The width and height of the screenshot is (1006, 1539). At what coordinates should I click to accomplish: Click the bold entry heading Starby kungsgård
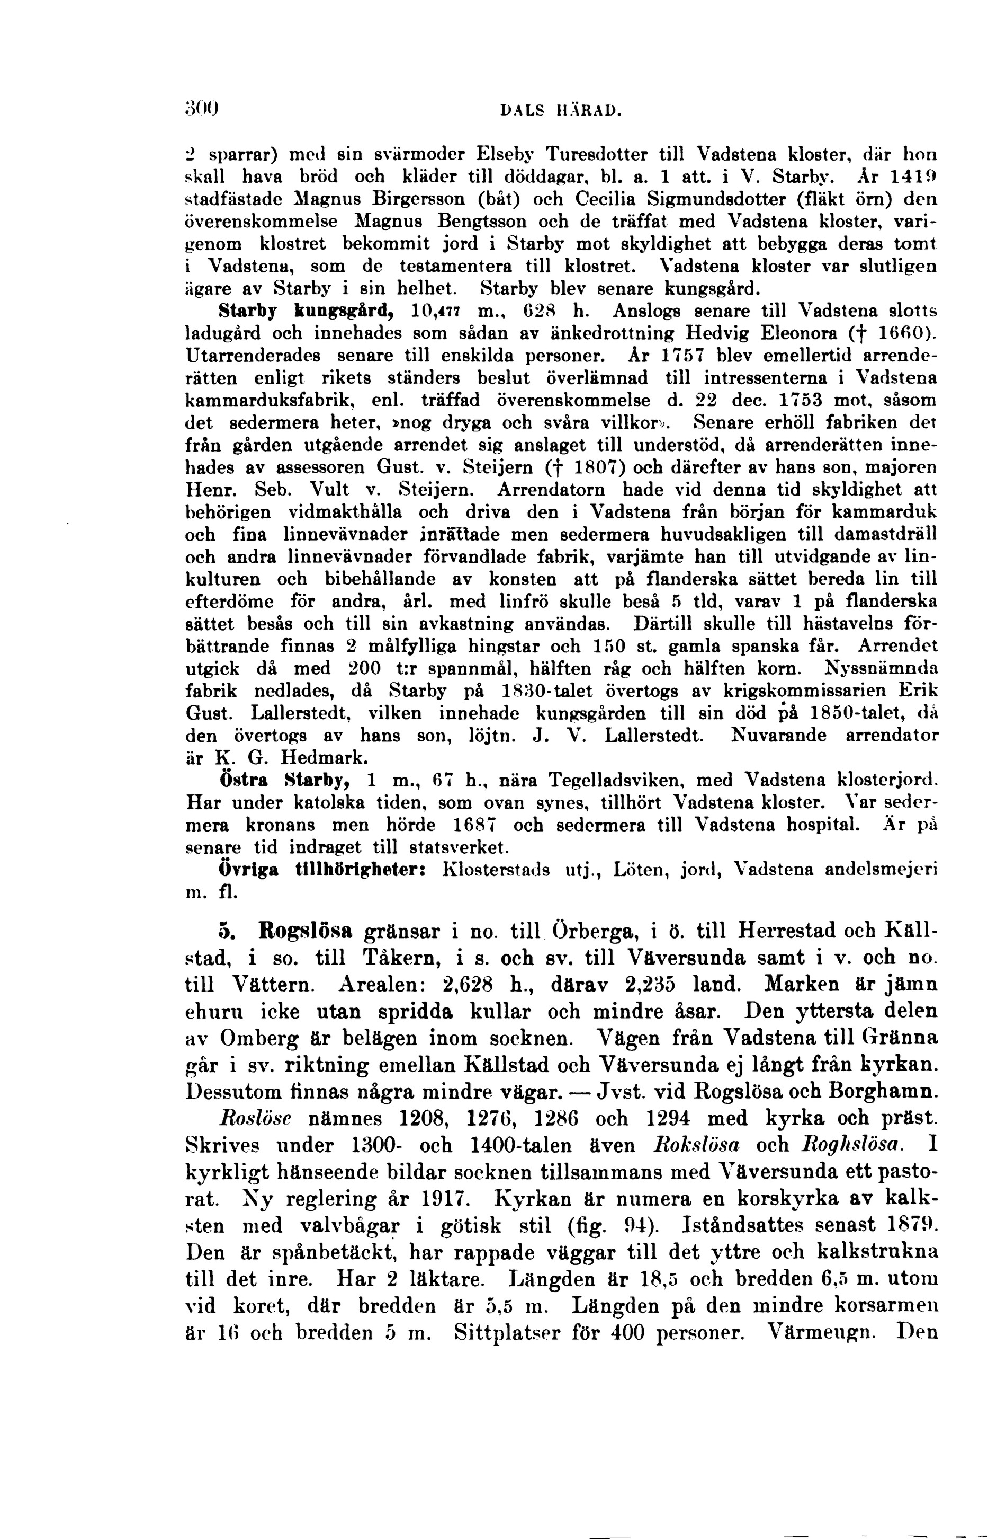307,311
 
